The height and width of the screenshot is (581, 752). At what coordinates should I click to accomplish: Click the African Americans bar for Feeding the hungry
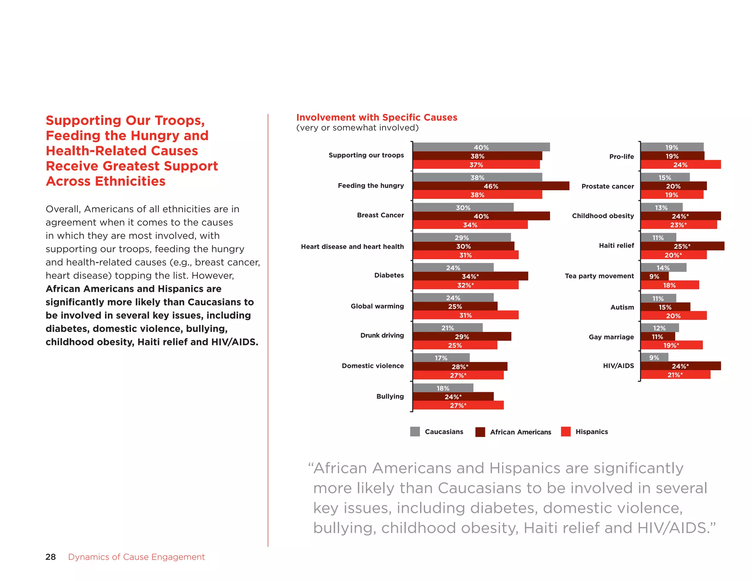coord(491,186)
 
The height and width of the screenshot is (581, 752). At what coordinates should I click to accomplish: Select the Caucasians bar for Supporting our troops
coord(481,147)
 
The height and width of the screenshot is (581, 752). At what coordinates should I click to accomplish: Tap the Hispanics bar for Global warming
coord(466,315)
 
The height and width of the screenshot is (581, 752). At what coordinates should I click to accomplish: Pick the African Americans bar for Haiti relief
coord(682,246)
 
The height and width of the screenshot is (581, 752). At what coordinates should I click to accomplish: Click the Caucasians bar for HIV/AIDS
coord(654,357)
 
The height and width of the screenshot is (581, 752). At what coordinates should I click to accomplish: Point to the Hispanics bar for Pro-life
coord(680,165)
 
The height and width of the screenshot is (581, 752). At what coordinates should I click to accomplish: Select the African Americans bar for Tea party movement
coord(654,276)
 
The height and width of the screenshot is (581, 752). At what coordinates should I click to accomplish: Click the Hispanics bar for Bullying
coord(458,405)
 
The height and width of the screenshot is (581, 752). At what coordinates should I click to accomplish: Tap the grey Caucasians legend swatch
coord(415,432)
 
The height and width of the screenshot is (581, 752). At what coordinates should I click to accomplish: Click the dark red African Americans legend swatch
coord(480,432)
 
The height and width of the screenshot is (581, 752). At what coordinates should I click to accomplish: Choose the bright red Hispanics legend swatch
coord(566,432)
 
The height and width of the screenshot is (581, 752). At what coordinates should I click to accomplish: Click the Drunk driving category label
coord(382,335)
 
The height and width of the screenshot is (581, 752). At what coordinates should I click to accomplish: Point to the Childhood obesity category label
coord(603,216)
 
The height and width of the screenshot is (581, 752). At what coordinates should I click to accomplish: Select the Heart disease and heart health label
coord(352,246)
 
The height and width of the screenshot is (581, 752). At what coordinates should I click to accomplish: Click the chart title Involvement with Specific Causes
coord(377,117)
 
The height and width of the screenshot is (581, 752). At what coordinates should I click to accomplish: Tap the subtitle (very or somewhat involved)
coord(357,128)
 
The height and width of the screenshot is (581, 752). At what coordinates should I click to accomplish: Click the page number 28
coord(51,557)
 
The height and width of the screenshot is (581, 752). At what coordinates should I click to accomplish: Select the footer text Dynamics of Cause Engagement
coord(136,557)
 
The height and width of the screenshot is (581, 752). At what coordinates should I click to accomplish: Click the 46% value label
coord(491,186)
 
